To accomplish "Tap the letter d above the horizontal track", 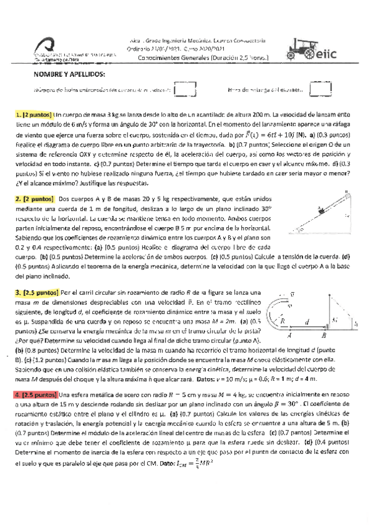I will tap(307, 321).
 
